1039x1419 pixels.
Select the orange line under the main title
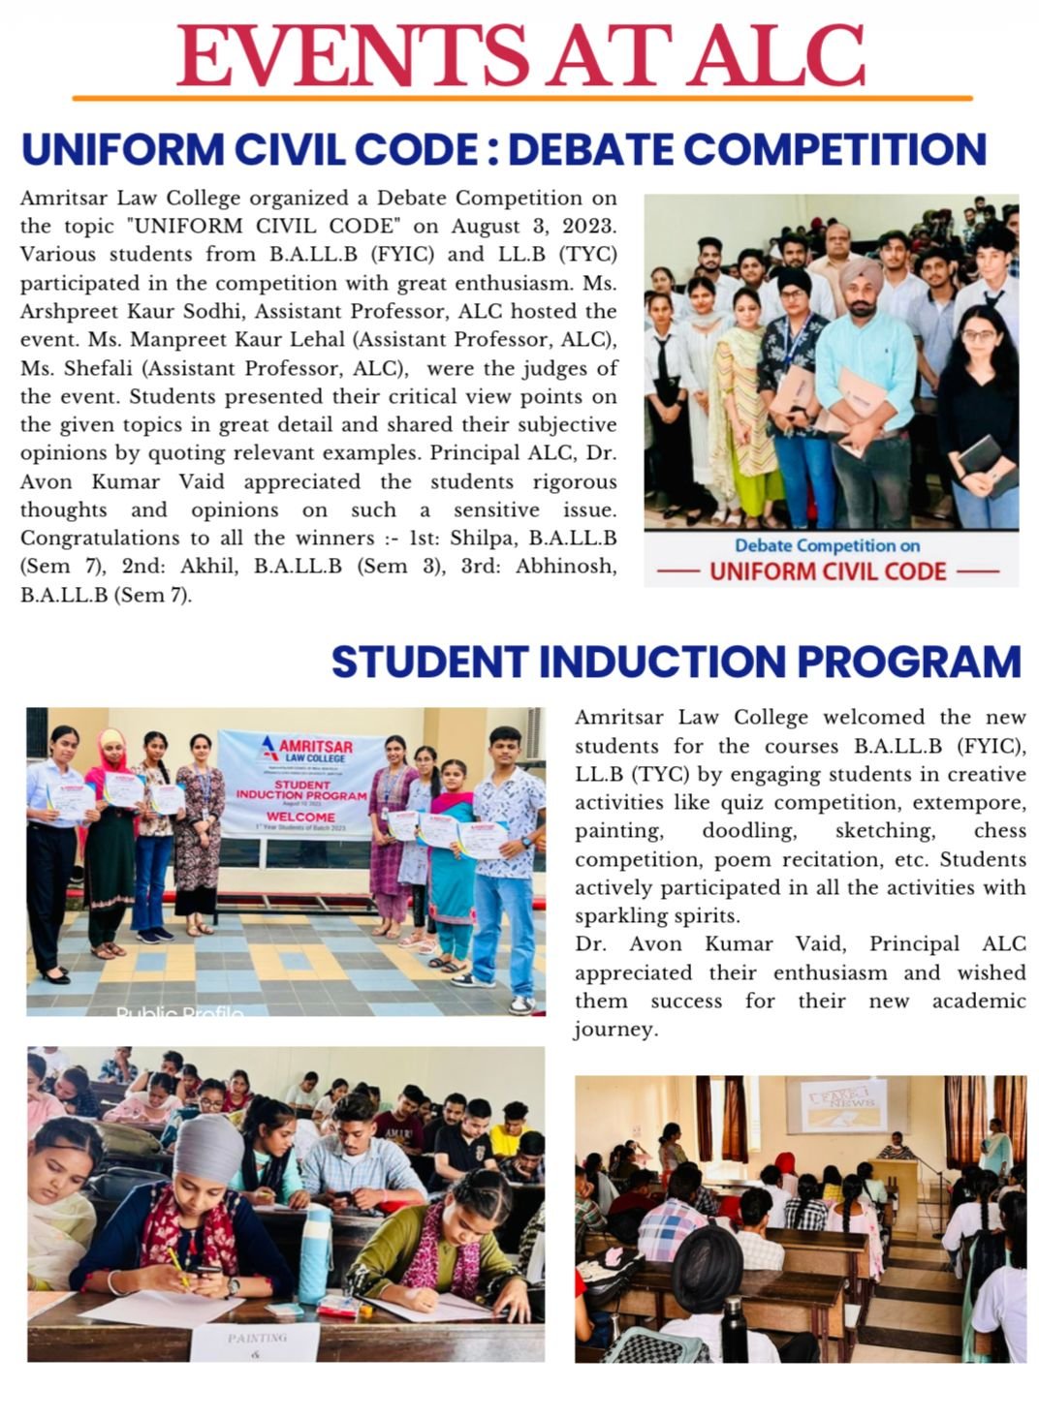click(x=521, y=98)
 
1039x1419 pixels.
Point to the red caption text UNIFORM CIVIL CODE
click(x=828, y=571)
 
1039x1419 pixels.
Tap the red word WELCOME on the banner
click(x=299, y=817)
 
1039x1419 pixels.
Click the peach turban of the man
click(x=861, y=275)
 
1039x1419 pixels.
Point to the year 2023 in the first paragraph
click(x=584, y=227)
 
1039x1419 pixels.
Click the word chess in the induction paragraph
click(x=999, y=831)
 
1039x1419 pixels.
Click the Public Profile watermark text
click(x=179, y=1012)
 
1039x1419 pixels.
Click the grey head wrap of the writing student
click(x=207, y=1149)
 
